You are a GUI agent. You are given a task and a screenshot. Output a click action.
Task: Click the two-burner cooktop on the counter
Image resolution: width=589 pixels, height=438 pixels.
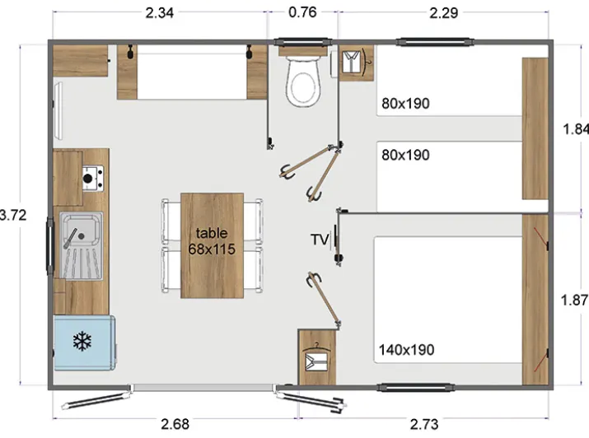tap(91, 177)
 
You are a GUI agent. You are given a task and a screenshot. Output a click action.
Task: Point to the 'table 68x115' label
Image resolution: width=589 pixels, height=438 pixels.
tap(212, 240)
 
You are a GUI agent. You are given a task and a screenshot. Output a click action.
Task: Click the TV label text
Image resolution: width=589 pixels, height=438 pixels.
tap(319, 240)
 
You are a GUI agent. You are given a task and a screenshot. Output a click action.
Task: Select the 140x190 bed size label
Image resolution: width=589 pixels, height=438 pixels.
tap(408, 349)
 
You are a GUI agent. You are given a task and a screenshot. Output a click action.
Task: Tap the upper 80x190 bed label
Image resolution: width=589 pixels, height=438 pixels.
tap(405, 104)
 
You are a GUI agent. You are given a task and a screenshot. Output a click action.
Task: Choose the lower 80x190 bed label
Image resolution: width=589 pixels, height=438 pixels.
tap(405, 154)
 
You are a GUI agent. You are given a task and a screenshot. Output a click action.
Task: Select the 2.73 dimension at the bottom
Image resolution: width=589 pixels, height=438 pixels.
tap(427, 424)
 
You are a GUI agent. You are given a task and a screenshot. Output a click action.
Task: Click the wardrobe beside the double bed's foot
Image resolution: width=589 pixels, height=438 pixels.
tap(317, 357)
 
